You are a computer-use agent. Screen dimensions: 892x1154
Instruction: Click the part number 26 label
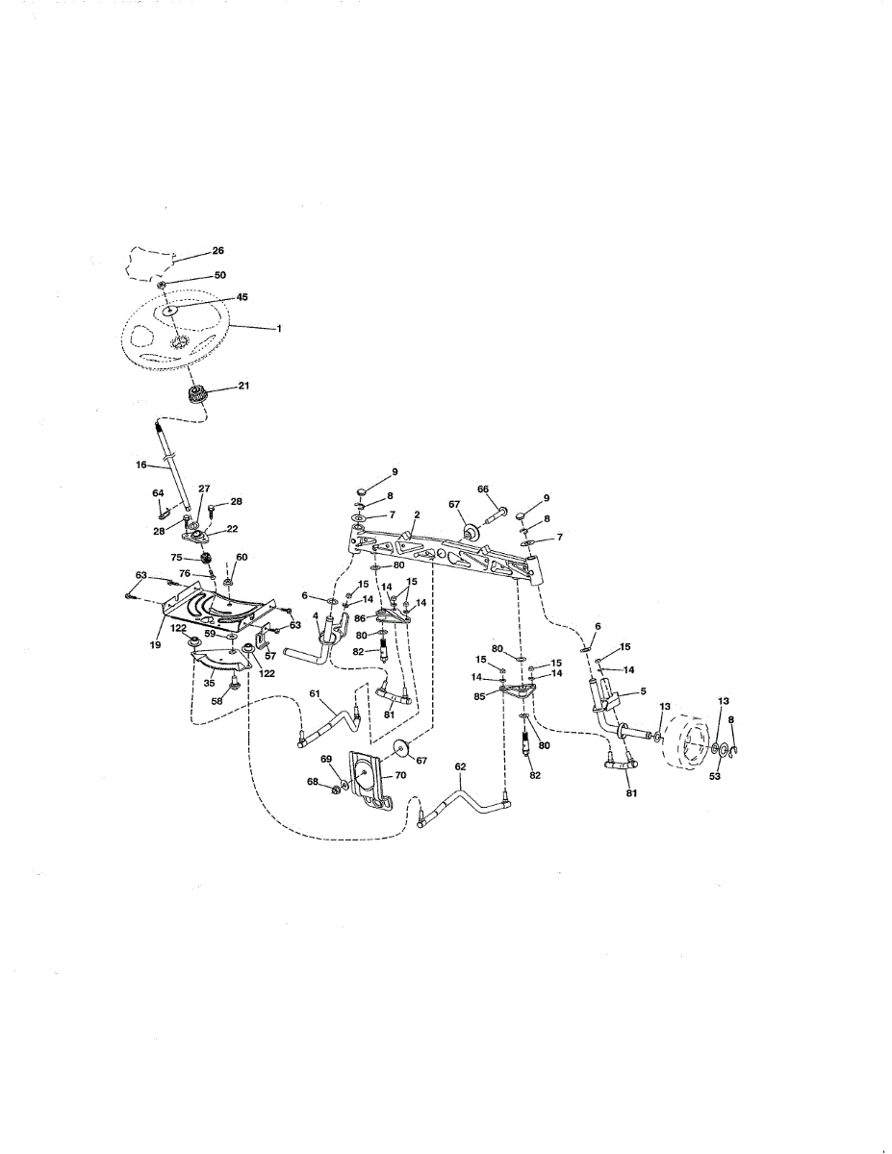[x=218, y=251]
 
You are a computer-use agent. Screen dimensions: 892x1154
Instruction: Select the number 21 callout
[x=243, y=386]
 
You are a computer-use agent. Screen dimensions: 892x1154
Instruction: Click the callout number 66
[x=483, y=489]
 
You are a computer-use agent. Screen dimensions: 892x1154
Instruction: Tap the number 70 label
[x=400, y=775]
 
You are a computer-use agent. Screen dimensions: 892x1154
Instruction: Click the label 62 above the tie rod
[x=460, y=766]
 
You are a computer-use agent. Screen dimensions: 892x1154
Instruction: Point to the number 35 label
[x=210, y=683]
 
